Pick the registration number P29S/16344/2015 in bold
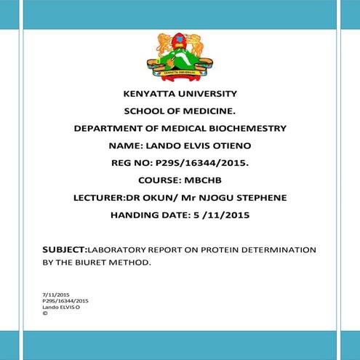[x=207, y=163]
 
